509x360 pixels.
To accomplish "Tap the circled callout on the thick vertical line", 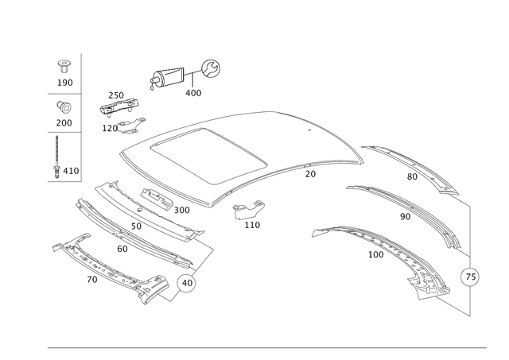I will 470,277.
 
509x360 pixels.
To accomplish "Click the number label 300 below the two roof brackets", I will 193,93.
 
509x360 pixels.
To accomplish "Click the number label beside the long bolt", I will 68,169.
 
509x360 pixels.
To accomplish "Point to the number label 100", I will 253,225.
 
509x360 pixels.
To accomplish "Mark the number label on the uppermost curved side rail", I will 411,176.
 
